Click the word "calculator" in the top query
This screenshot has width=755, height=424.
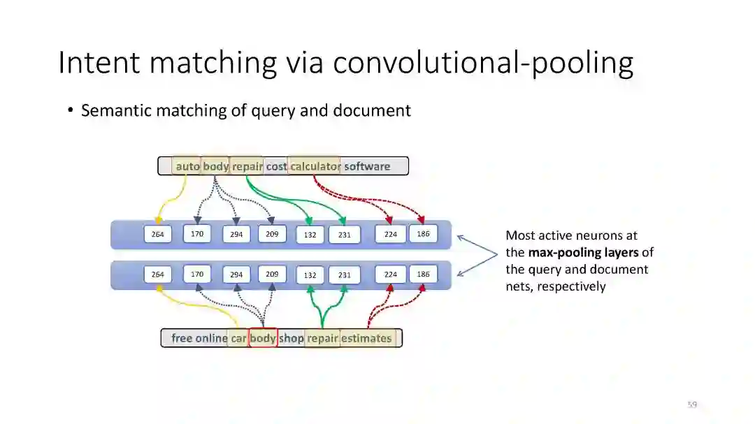click(315, 167)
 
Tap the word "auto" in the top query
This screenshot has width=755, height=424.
click(187, 167)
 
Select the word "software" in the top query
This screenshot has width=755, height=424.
click(367, 167)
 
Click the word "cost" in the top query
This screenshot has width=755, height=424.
click(276, 167)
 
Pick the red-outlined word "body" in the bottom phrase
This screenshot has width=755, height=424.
click(263, 338)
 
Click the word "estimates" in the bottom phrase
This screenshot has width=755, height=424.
click(366, 338)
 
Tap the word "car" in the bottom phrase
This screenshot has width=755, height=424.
click(239, 338)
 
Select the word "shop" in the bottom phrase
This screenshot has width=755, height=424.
click(292, 338)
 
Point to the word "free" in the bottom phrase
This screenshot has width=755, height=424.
click(182, 338)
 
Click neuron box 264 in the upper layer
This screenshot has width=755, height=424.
click(158, 235)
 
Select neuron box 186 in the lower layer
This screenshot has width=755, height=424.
click(423, 274)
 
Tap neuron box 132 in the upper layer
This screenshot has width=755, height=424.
click(310, 235)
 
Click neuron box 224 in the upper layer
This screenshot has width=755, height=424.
click(390, 235)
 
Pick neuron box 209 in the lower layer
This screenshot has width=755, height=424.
click(272, 274)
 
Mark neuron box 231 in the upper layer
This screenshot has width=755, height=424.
click(345, 235)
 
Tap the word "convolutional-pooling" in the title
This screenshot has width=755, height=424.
click(483, 63)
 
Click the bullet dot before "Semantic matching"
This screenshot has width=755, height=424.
click(71, 110)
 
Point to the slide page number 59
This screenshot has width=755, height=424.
click(692, 404)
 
